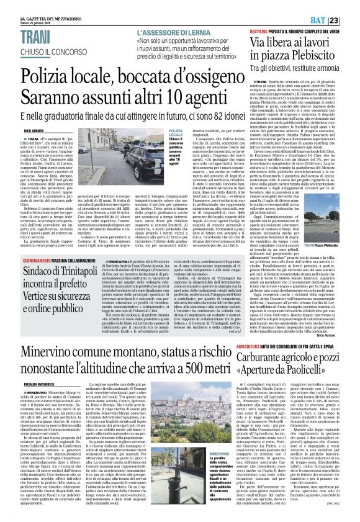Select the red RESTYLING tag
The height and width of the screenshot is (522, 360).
pyautogui.click(x=251, y=30)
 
